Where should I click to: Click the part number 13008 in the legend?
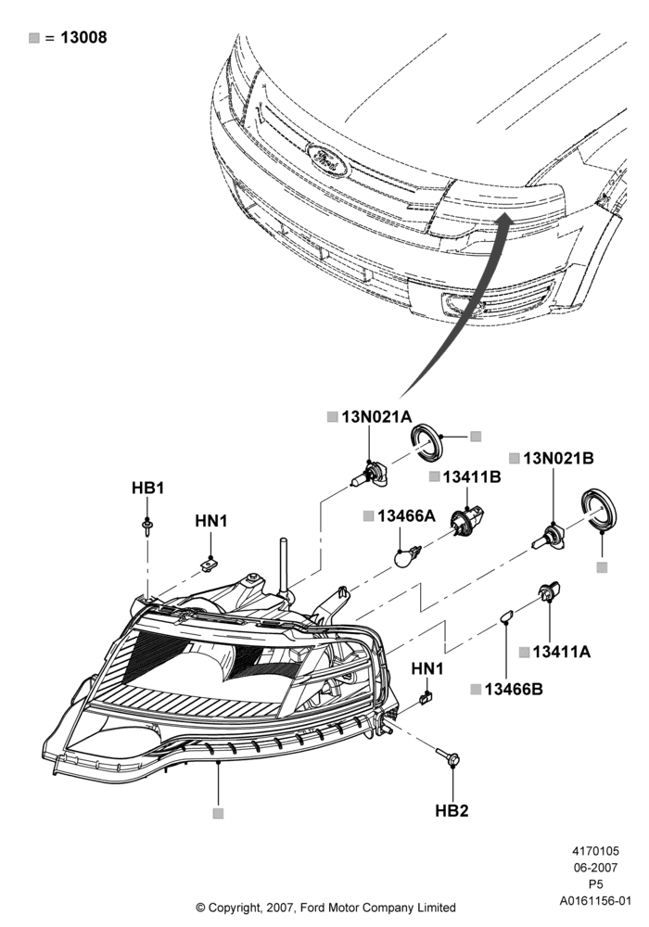[x=83, y=37]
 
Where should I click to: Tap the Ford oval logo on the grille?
[x=328, y=159]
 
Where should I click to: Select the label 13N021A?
[x=376, y=417]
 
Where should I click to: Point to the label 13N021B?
[x=558, y=458]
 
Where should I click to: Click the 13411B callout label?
[x=472, y=476]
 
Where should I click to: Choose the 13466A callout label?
[x=406, y=516]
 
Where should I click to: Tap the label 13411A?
[x=561, y=652]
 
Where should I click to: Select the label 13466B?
[x=514, y=689]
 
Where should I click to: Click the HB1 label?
[x=147, y=488]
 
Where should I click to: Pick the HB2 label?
[x=452, y=810]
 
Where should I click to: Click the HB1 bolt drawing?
[x=146, y=527]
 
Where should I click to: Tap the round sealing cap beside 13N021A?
[x=426, y=441]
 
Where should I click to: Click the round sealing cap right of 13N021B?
[x=598, y=510]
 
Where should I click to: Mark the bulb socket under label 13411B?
[x=468, y=519]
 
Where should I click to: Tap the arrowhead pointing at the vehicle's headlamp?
[x=504, y=221]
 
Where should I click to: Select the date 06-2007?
[x=595, y=868]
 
